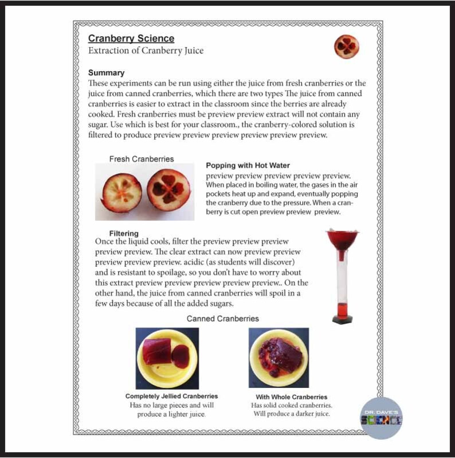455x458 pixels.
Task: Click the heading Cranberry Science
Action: point(131,38)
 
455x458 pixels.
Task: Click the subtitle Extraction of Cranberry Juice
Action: point(146,51)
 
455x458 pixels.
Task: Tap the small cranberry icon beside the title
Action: point(346,46)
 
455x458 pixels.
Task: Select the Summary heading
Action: point(106,73)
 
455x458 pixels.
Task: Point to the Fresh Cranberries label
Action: point(142,158)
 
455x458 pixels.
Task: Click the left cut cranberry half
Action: point(121,192)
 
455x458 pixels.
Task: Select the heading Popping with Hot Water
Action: point(248,165)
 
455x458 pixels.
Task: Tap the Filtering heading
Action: point(124,234)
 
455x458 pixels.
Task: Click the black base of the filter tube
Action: point(343,319)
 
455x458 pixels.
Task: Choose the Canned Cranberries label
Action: point(222,319)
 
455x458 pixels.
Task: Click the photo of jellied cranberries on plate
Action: point(167,359)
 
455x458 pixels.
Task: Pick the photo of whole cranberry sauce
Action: point(279,358)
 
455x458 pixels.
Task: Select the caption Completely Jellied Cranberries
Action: point(171,397)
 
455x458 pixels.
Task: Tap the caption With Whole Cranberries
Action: point(291,397)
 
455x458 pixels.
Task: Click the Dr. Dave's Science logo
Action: point(382,418)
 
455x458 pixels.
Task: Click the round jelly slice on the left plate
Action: point(180,356)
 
